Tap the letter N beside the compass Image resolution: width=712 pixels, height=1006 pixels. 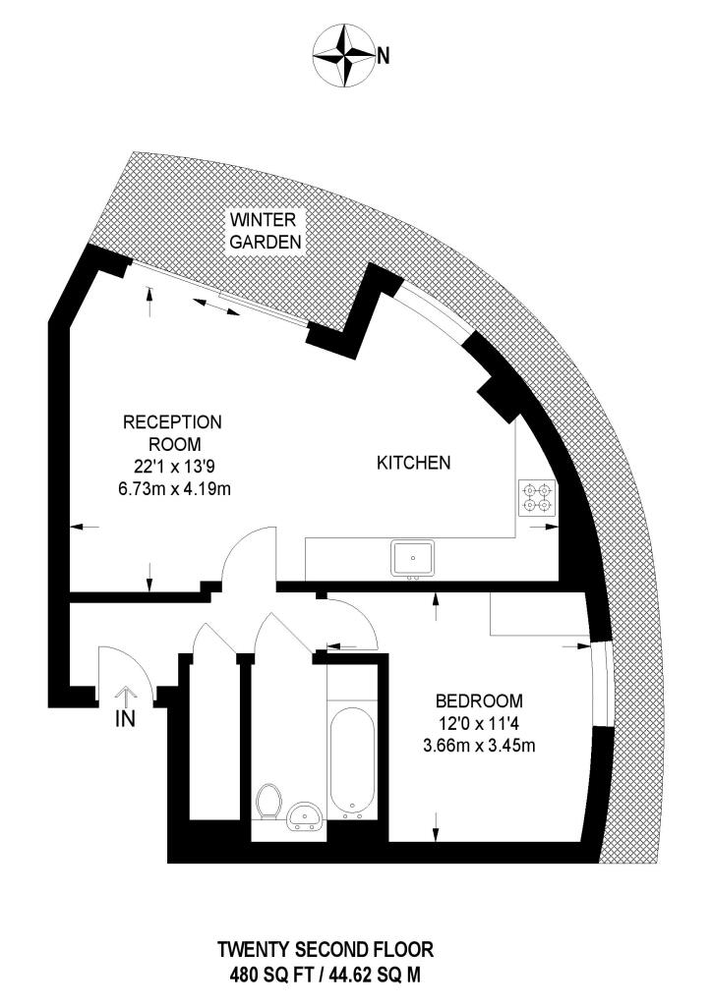point(384,56)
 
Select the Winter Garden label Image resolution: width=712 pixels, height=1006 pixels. point(265,230)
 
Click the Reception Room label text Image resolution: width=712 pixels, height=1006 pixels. point(172,432)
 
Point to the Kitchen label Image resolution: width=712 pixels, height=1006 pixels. point(414,462)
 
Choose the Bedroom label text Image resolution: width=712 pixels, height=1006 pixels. point(479,701)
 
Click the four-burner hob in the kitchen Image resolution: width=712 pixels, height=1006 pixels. point(538,497)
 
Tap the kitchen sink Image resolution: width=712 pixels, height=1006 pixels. point(413,558)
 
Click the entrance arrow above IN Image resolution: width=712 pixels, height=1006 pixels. point(126,694)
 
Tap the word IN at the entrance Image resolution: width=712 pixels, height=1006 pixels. point(125,719)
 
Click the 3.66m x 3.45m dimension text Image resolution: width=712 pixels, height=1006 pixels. point(479,746)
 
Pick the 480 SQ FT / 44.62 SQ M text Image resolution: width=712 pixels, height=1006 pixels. point(325,977)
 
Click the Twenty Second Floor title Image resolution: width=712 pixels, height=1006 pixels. point(325,950)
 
